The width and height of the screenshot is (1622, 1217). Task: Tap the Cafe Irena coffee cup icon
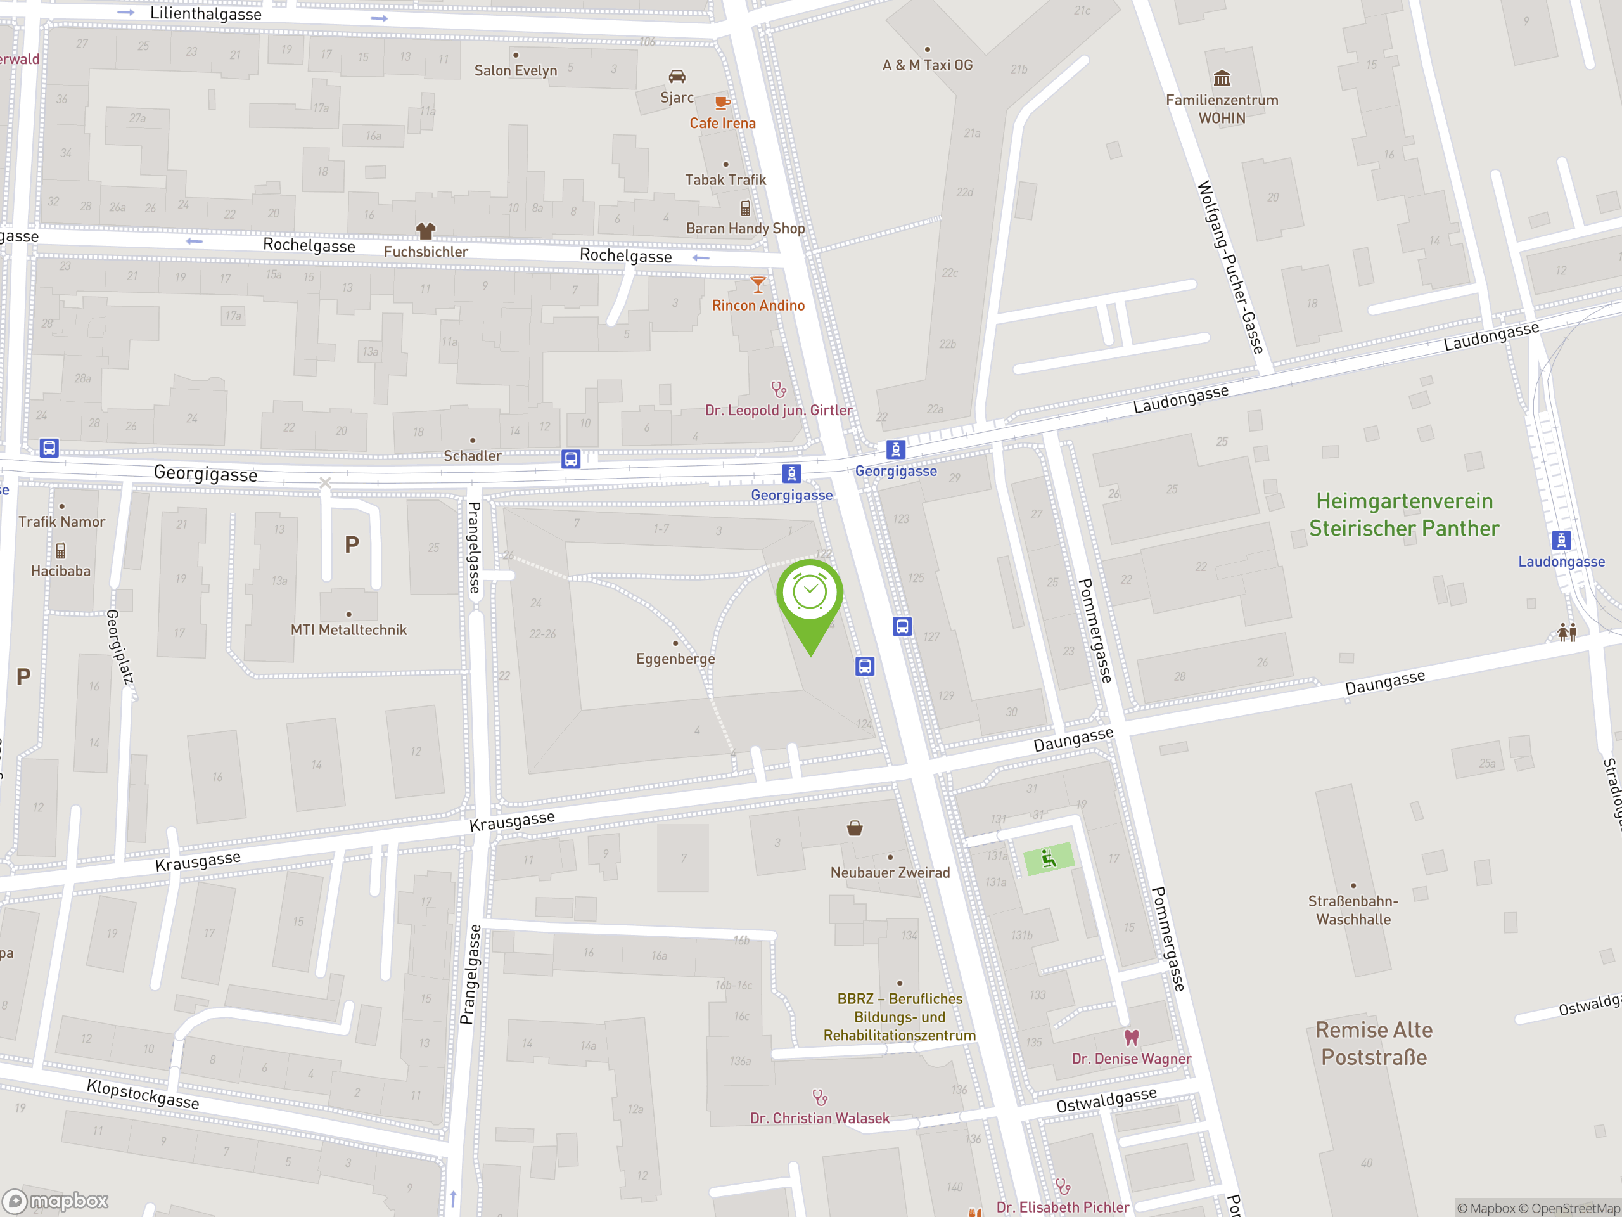[x=722, y=103]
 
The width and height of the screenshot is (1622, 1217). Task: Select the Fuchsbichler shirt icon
[x=425, y=231]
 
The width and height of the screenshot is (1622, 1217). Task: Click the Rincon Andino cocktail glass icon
[x=758, y=284]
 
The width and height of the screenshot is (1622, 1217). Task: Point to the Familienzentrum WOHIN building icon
[x=1222, y=78]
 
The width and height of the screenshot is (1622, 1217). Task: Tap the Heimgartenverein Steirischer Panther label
[x=1403, y=514]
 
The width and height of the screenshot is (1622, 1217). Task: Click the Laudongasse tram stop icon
[x=1561, y=541]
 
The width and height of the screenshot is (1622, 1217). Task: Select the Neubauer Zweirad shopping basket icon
[x=854, y=828]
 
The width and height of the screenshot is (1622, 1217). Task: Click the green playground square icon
[x=1049, y=858]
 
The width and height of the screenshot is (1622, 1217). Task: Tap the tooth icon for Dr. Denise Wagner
[x=1132, y=1037]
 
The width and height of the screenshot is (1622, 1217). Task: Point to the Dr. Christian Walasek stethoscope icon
[x=820, y=1097]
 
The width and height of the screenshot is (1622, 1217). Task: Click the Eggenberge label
[x=675, y=659]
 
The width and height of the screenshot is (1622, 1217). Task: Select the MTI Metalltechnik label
[x=348, y=629]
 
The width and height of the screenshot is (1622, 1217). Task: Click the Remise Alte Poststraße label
[x=1374, y=1043]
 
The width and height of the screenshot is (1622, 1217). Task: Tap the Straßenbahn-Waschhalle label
[x=1353, y=910]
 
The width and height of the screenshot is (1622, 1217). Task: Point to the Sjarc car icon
[x=677, y=76]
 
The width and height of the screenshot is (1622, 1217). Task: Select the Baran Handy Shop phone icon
[x=745, y=209]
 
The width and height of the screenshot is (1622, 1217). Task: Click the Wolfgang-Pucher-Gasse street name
[x=1230, y=267]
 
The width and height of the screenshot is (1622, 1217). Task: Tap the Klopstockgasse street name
[x=143, y=1094]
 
